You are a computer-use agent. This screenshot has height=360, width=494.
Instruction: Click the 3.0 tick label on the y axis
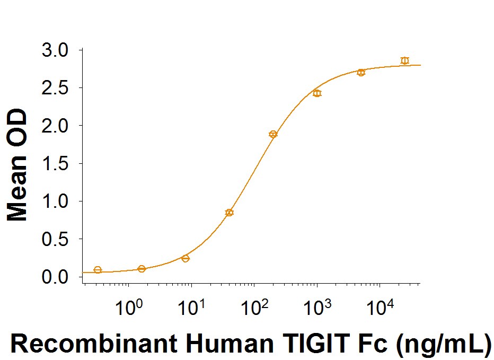pos(55,50)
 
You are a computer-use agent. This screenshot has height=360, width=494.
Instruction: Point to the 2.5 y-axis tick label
pos(55,88)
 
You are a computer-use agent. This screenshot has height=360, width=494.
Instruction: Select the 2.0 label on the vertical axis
pos(55,126)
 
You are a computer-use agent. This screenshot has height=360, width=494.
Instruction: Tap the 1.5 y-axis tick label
pos(55,164)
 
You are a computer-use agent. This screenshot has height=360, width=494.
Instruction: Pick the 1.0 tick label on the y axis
pos(55,201)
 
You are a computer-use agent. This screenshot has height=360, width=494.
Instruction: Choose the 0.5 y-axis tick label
pos(55,239)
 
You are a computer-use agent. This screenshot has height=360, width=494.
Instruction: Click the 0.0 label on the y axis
pos(55,277)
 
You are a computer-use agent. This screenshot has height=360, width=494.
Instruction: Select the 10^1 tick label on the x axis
pos(191,307)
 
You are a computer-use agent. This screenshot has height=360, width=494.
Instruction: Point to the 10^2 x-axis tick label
pos(254,307)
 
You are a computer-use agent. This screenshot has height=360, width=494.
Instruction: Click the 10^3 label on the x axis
pos(317,307)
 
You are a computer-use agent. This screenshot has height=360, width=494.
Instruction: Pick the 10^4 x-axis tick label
pos(380,307)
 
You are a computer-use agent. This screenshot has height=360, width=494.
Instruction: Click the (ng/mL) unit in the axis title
pos(443,344)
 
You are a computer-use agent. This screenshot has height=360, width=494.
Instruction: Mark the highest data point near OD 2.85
pos(405,60)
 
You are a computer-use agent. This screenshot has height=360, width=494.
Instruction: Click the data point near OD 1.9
pos(273,134)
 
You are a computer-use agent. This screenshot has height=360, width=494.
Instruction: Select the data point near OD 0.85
pos(230,213)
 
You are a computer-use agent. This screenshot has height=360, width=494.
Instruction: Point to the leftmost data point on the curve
pos(98,270)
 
